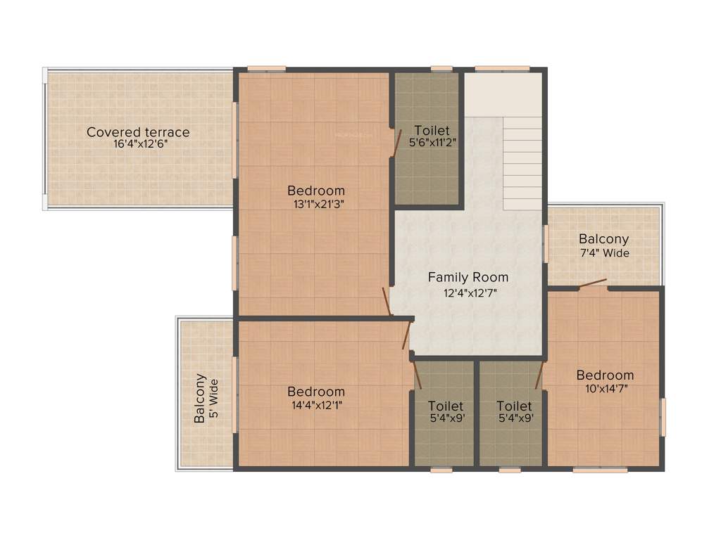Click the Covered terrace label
(138, 131)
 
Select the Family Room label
(468, 277)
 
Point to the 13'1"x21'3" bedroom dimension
(316, 203)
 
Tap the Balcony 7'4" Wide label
(604, 239)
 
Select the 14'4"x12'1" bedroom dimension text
(316, 404)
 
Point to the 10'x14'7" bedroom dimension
(605, 387)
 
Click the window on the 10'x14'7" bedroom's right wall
(663, 417)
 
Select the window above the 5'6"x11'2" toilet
(441, 69)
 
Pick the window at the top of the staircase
(502, 69)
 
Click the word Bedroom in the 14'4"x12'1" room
(316, 392)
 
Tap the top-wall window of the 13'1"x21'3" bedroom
(266, 69)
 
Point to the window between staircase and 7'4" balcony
(546, 243)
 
